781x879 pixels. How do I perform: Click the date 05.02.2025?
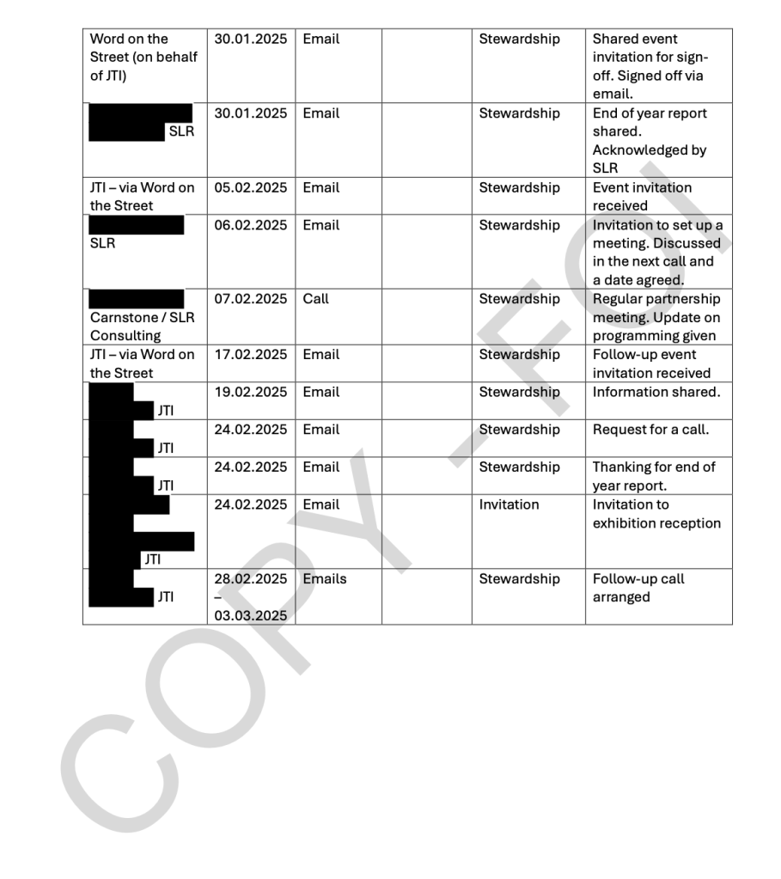pos(251,187)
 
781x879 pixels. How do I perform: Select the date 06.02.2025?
pos(251,225)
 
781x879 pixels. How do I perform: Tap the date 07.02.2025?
pos(251,299)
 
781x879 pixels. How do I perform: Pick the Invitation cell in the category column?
pos(509,504)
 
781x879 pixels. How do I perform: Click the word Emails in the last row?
pos(325,579)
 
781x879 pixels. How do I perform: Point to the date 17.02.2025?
pos(251,354)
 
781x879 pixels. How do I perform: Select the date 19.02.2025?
pos(251,392)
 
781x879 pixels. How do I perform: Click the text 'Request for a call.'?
pos(650,430)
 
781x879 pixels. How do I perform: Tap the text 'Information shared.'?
pos(656,392)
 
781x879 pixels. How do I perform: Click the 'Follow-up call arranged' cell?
pos(638,588)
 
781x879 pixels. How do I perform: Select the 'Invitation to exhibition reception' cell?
pos(656,514)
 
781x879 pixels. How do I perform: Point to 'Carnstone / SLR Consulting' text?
pos(142,327)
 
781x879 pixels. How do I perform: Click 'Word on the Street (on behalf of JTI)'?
pos(143,58)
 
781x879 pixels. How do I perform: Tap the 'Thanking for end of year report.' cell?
pos(653,476)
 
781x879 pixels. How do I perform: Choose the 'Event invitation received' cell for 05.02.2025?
pos(642,196)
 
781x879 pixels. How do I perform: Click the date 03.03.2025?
pos(251,615)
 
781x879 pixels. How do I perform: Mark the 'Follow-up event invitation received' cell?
pos(651,363)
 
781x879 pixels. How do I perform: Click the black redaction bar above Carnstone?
pos(137,298)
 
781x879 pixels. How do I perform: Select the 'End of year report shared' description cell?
pos(650,140)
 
